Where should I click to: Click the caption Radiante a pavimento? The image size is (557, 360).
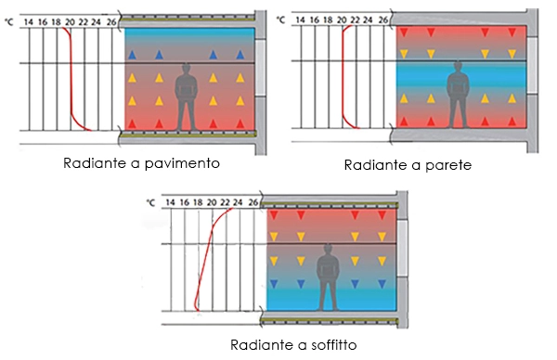pyautogui.click(x=141, y=163)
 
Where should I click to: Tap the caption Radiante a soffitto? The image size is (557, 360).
pyautogui.click(x=293, y=343)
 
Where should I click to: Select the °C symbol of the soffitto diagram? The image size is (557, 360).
pyautogui.click(x=150, y=201)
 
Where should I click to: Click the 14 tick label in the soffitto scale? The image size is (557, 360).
pyautogui.click(x=170, y=201)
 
